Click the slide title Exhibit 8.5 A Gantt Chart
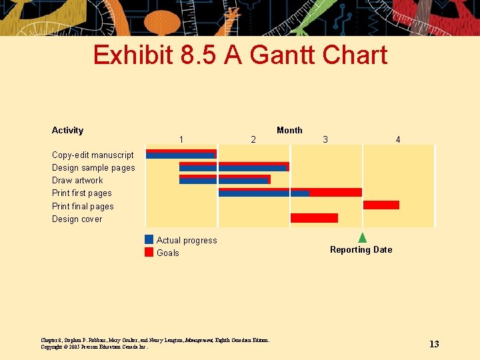pos(240,55)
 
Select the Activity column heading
pos(67,130)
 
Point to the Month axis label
pos(289,130)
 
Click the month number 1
pos(181,139)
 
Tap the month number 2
pos(253,139)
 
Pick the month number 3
pos(325,139)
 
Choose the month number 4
pos(398,139)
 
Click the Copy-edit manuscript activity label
pos(93,155)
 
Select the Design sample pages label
pos(93,168)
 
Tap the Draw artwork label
pos(77,181)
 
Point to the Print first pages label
pos(82,193)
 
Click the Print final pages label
pos(83,207)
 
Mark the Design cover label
pos(77,219)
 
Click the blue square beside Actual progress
pos(149,240)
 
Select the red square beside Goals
pos(149,253)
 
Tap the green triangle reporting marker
pos(363,237)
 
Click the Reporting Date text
pos(361,250)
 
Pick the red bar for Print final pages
pos(381,205)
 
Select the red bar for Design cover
pos(314,218)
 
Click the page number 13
pos(434,344)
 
